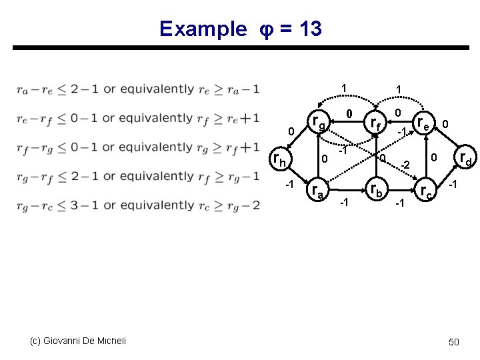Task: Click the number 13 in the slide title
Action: (311, 29)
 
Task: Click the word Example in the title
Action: (203, 29)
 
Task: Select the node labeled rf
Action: (377, 124)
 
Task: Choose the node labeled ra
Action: (318, 191)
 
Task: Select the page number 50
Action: (454, 342)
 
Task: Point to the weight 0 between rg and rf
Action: (349, 115)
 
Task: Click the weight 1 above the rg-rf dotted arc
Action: (343, 88)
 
